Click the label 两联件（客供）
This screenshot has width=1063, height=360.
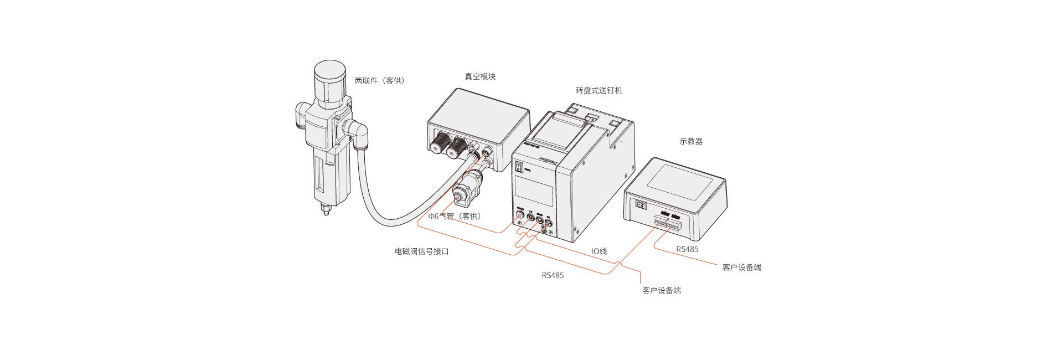point(380,81)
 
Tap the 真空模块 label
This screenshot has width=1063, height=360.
point(480,77)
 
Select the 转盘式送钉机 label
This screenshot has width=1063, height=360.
point(599,90)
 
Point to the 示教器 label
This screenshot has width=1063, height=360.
point(691,141)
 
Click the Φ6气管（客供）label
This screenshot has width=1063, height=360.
point(455,216)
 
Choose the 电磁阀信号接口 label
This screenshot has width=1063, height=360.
point(421,251)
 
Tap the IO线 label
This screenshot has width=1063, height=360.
point(599,251)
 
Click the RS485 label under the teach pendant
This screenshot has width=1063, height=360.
point(687,249)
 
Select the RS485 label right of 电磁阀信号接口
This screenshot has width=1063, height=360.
point(553,275)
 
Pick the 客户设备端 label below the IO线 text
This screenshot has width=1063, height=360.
point(661,290)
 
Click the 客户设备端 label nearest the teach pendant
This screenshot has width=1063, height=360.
point(741,268)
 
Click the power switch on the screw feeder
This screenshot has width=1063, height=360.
point(519,167)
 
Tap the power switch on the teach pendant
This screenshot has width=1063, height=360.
point(641,205)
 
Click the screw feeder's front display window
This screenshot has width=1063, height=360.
point(534,192)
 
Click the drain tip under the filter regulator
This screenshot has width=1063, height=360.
point(326,210)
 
